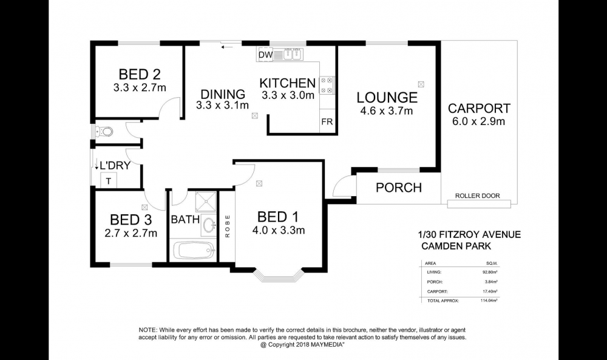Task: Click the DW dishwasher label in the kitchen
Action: pyautogui.click(x=265, y=55)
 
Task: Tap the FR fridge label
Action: pyautogui.click(x=327, y=122)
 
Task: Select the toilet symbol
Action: pyautogui.click(x=104, y=132)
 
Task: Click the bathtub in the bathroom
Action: pyautogui.click(x=194, y=251)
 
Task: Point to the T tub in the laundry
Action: pyautogui.click(x=109, y=181)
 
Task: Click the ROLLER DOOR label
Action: pyautogui.click(x=477, y=196)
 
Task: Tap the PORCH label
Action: pyautogui.click(x=399, y=188)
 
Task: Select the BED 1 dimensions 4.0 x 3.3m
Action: pyautogui.click(x=279, y=231)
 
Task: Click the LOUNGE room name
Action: pyautogui.click(x=387, y=97)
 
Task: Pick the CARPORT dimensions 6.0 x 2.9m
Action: pyautogui.click(x=478, y=121)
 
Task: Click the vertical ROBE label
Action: pyautogui.click(x=227, y=226)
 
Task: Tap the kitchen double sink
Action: pyautogui.click(x=293, y=55)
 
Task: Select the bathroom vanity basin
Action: pyautogui.click(x=209, y=225)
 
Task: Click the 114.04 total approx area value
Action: pyautogui.click(x=489, y=301)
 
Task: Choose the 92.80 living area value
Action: pyautogui.click(x=490, y=273)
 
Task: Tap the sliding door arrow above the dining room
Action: pyautogui.click(x=227, y=47)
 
